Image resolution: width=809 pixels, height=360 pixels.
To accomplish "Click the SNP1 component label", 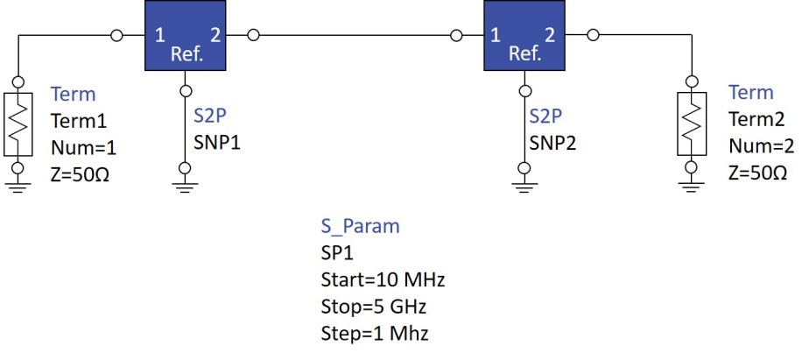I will coord(217,142).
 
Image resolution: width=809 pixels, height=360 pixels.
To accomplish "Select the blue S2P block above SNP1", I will coord(185,36).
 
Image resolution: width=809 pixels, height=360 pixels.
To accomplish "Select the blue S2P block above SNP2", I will coord(524,36).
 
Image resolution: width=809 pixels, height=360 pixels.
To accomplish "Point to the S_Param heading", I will coord(359,226).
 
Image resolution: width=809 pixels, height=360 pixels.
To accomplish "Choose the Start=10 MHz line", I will coord(383,280).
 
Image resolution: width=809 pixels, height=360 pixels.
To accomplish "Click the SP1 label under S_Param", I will coord(335,253).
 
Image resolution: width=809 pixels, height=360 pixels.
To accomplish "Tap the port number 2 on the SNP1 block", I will coord(215,36).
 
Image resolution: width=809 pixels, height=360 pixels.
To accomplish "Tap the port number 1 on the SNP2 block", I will coord(496,36).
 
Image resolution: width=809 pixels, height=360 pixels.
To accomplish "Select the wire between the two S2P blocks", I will coord(355,36).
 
